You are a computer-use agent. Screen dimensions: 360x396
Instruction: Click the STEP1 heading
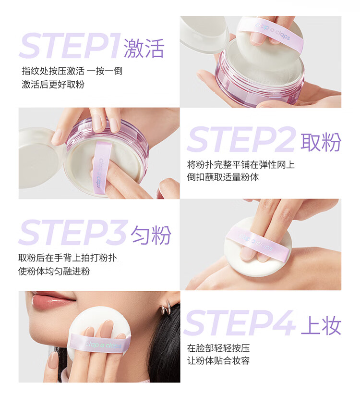coord(70,46)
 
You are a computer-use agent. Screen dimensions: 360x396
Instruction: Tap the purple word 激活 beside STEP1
coord(144,48)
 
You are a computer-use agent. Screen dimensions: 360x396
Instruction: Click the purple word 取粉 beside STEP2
coord(321,142)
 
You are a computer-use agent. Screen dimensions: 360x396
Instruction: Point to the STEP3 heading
coord(72,232)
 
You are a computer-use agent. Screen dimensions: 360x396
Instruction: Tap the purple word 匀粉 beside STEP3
coord(151,235)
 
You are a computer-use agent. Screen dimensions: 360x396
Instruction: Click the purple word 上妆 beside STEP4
coord(321,325)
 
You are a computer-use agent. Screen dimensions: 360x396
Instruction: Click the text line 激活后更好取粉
coord(53,85)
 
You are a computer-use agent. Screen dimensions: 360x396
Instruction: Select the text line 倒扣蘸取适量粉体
coord(223,177)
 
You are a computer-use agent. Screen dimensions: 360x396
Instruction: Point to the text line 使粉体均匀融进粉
coord(54,271)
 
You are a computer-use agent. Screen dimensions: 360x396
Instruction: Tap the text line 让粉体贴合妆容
coord(218,360)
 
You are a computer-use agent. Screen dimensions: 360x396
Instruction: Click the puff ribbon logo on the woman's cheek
coord(104,345)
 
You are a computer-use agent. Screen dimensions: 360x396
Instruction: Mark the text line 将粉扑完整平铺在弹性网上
coord(240,165)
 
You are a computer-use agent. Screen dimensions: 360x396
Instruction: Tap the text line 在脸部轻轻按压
coord(218,348)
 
